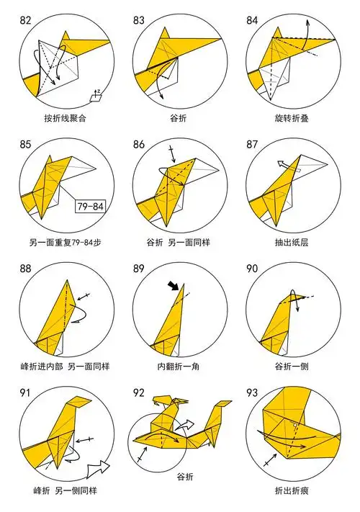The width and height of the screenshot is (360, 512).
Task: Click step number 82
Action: [26, 20]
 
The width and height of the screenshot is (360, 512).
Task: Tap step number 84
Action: [252, 20]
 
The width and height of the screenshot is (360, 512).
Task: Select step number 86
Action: [139, 144]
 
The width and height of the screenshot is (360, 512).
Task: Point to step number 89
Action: [139, 269]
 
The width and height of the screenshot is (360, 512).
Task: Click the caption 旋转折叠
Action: [290, 117]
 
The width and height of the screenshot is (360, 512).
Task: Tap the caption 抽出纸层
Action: [290, 243]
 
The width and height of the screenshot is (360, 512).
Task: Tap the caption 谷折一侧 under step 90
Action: [290, 367]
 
